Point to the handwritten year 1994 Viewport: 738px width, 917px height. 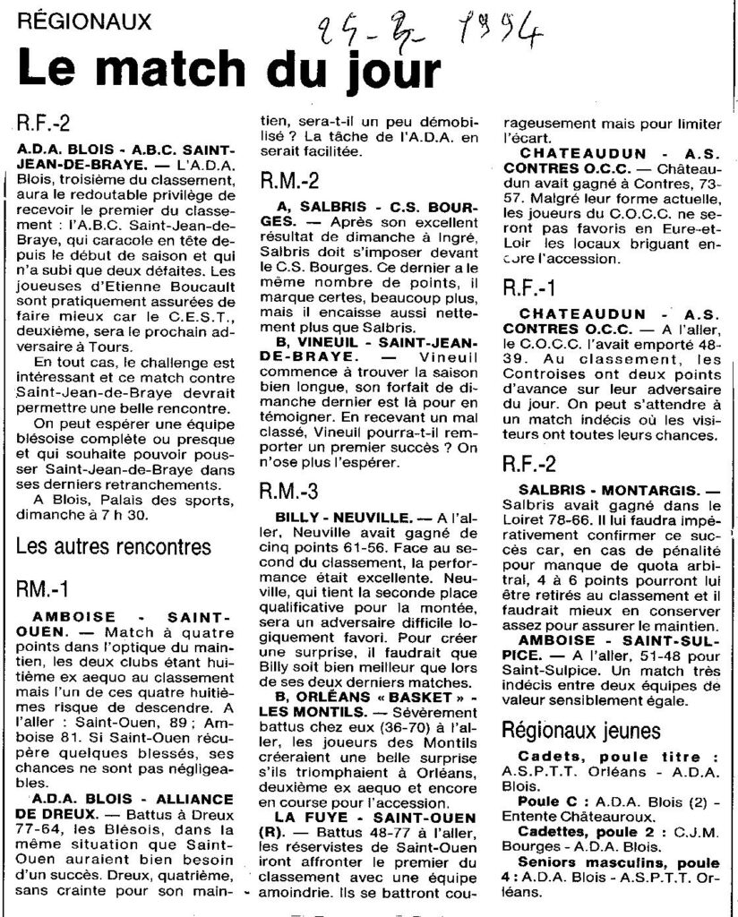coord(498,35)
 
